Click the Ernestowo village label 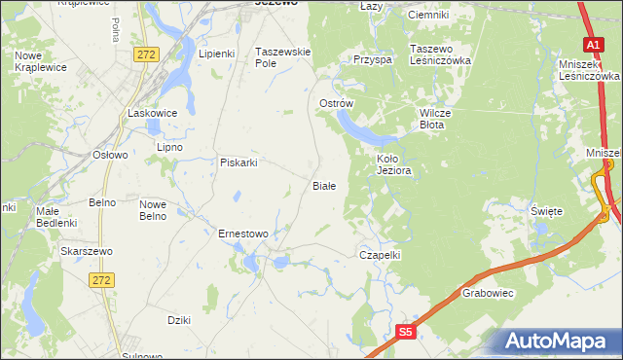(243, 234)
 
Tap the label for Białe (323, 185)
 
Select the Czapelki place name (381, 254)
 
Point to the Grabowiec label (488, 292)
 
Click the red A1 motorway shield (593, 45)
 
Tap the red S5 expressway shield (407, 333)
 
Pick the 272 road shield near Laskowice (146, 54)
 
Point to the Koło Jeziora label (394, 163)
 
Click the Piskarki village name (238, 162)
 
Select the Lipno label (170, 147)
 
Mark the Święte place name (546, 210)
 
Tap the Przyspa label (373, 59)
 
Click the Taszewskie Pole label (282, 56)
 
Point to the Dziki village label (178, 320)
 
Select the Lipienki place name (217, 54)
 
